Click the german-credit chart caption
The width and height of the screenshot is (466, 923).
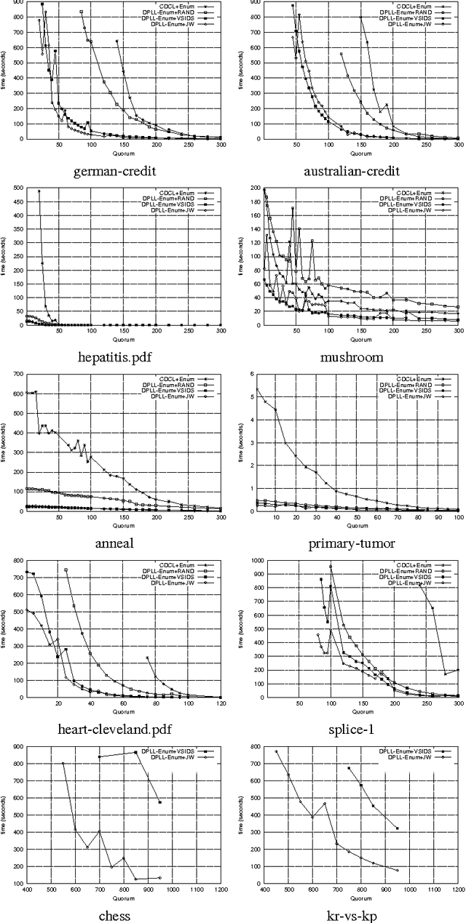[x=117, y=172]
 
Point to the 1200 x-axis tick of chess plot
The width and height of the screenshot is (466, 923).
[x=220, y=890]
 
